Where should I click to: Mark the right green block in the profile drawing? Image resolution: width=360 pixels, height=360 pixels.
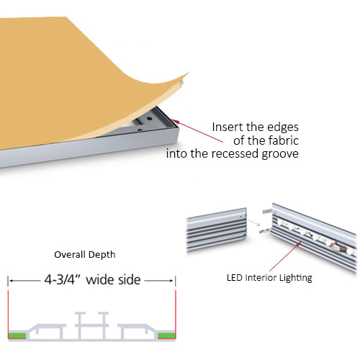click(x=166, y=335)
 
